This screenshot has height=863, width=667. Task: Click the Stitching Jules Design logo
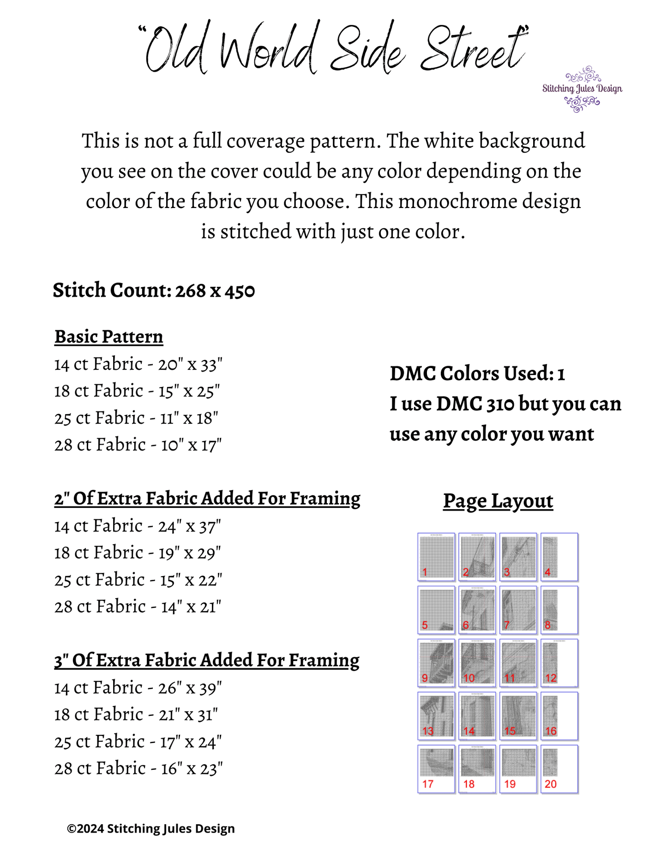pyautogui.click(x=582, y=89)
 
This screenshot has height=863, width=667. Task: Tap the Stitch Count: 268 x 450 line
pyautogui.click(x=154, y=291)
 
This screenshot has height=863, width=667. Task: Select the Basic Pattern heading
pyautogui.click(x=109, y=337)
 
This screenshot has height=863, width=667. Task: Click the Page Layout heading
pyautogui.click(x=498, y=501)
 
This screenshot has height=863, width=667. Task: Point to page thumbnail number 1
pyautogui.click(x=436, y=557)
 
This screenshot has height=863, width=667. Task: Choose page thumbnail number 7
pyautogui.click(x=518, y=610)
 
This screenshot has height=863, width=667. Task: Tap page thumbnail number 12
pyautogui.click(x=559, y=663)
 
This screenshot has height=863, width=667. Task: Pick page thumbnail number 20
pyautogui.click(x=559, y=769)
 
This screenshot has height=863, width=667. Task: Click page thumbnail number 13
pyautogui.click(x=436, y=716)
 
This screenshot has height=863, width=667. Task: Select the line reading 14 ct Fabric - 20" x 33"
pyautogui.click(x=138, y=364)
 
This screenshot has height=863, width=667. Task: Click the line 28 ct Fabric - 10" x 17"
pyautogui.click(x=138, y=445)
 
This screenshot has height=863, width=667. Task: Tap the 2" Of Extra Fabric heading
pyautogui.click(x=207, y=499)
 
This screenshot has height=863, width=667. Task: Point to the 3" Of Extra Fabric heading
pyautogui.click(x=207, y=661)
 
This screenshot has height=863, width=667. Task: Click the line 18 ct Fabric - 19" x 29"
pyautogui.click(x=138, y=553)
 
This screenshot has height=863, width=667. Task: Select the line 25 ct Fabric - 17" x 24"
pyautogui.click(x=138, y=742)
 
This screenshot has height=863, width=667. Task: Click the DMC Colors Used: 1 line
pyautogui.click(x=477, y=374)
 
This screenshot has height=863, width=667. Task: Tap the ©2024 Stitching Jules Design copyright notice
pyautogui.click(x=151, y=829)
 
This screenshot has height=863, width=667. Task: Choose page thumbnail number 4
pyautogui.click(x=559, y=557)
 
